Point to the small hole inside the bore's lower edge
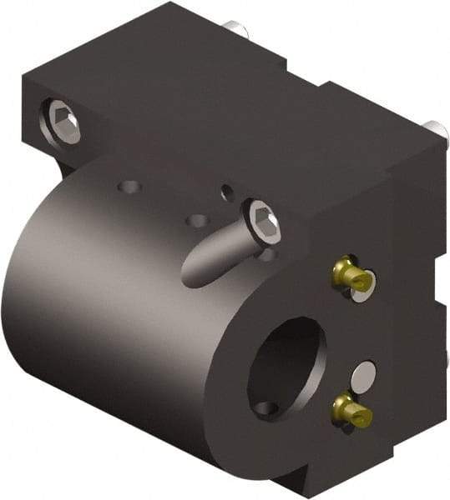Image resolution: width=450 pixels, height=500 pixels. pos(265,408)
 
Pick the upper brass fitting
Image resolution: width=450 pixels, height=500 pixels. pos(347,274)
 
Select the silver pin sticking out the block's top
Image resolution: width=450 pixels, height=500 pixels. pos(240,31)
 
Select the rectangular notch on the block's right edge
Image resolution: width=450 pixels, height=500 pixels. pos(437,275)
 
